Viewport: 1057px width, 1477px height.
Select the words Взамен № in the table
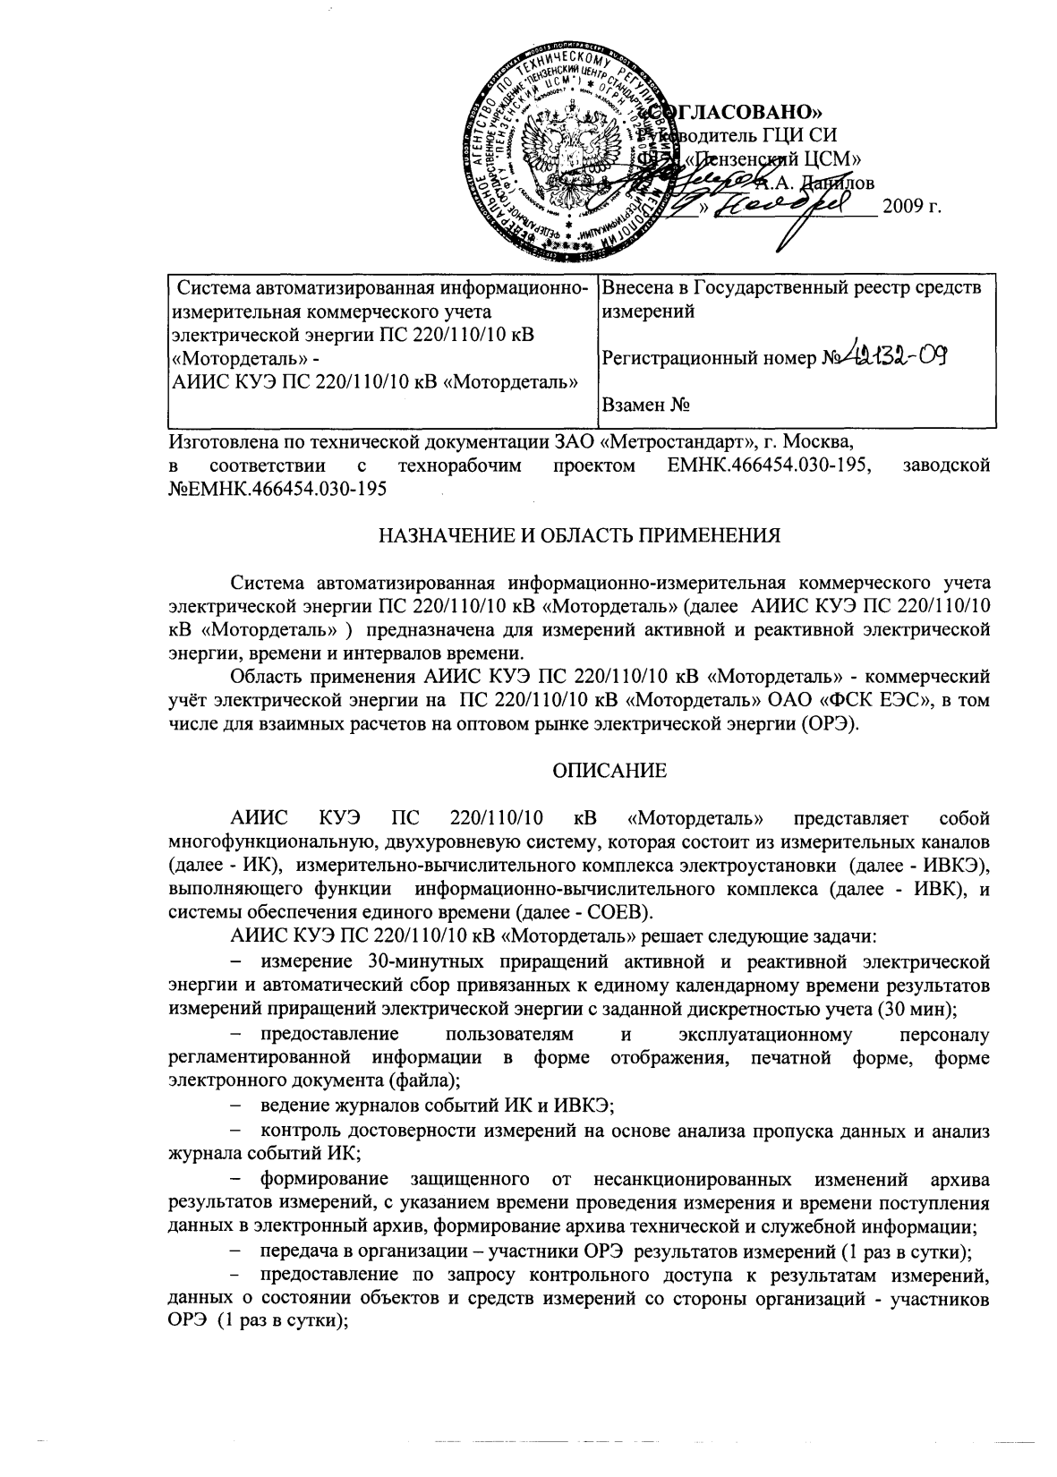pyautogui.click(x=645, y=405)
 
